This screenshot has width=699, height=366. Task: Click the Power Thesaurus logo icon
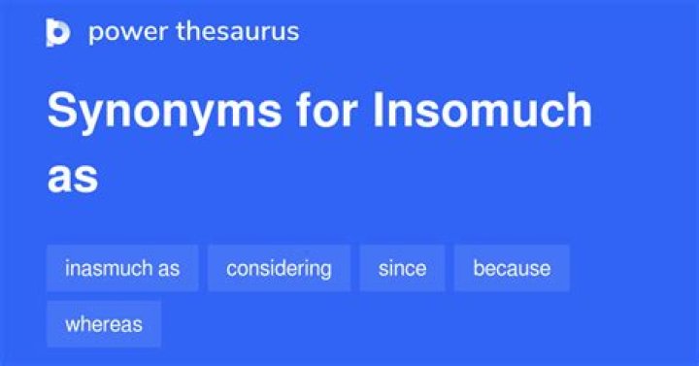point(58,32)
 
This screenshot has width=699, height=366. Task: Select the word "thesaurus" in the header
point(237,31)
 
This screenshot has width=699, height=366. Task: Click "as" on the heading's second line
point(72,178)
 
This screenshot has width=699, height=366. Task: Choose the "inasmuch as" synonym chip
point(122,268)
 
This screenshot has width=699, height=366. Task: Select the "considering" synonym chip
point(279,268)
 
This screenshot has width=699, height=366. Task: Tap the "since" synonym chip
point(402,268)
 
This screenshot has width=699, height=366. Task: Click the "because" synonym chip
point(512,268)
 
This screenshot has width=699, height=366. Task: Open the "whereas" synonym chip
point(104,324)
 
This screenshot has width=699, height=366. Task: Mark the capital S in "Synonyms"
point(61,113)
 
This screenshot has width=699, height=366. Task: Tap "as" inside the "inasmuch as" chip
point(169,269)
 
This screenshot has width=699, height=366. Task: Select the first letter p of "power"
point(95,33)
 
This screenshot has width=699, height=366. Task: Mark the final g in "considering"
point(325,270)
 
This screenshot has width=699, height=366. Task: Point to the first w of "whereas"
point(72,324)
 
